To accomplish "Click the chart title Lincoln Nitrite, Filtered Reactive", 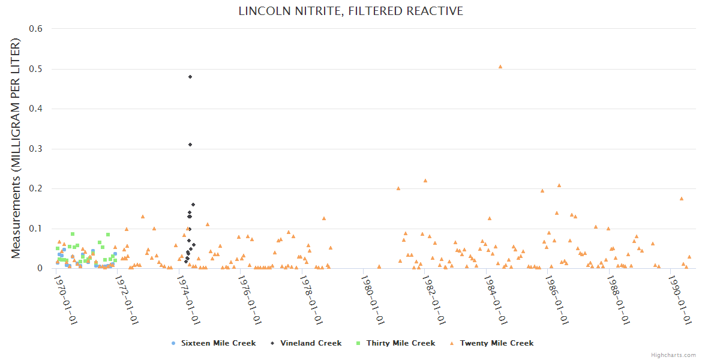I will coord(350,11).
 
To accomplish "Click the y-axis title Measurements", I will coord(16,148).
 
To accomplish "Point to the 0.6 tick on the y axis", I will coord(36,29).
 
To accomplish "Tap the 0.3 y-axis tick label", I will coord(36,149).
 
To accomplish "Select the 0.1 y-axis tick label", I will coord(36,229).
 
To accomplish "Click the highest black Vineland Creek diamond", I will coord(190,77).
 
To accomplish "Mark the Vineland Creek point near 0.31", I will coord(190,145).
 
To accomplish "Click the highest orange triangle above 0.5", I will coord(500,67).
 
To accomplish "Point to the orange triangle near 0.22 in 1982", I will coord(425,181).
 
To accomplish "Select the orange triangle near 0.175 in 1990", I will coord(682,199).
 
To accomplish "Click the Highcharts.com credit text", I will coord(673,355).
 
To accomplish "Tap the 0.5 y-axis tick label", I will coord(36,69).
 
